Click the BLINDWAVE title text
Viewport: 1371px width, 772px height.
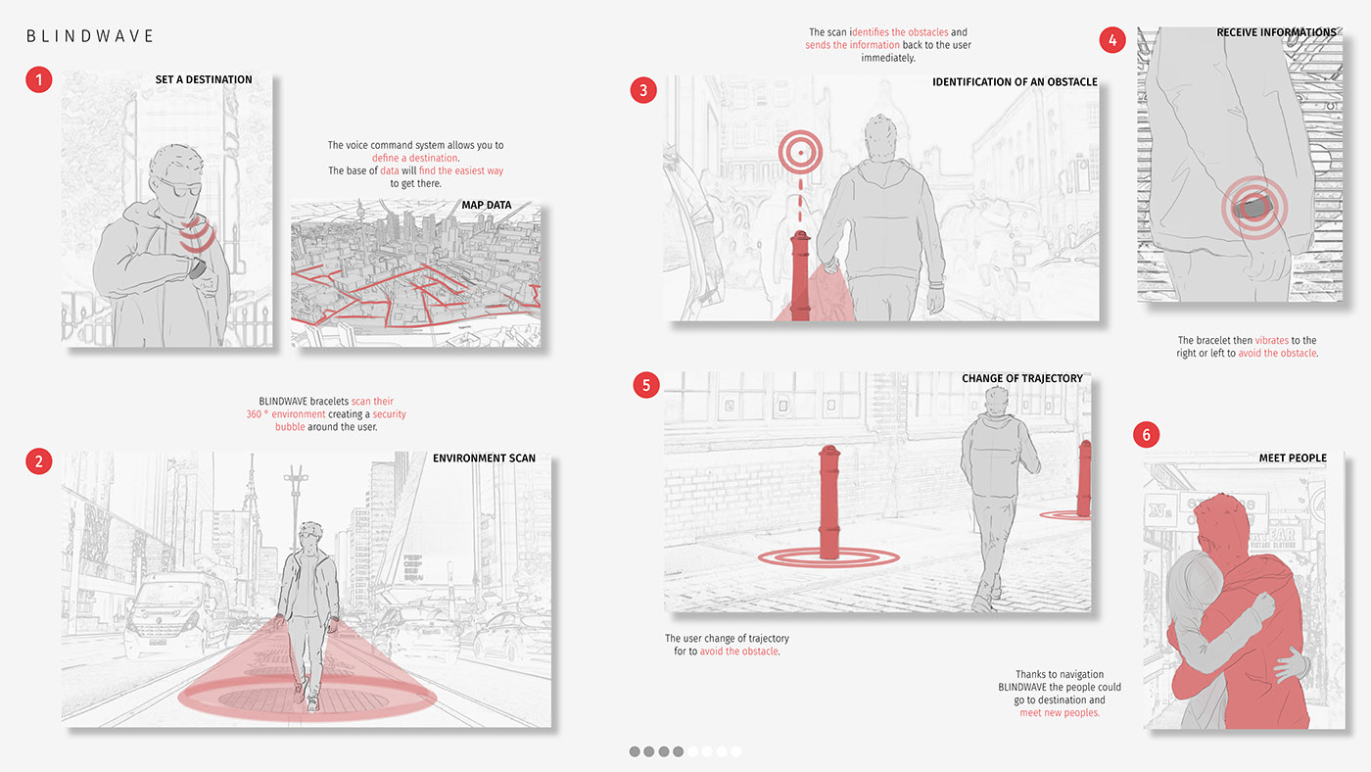click(x=90, y=36)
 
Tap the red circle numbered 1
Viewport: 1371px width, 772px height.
click(x=38, y=79)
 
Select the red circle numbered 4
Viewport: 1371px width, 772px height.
click(x=1111, y=40)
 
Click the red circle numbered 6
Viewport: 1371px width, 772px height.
click(x=1147, y=435)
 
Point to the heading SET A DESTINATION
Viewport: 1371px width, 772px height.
click(x=203, y=79)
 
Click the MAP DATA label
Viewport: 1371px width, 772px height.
click(x=487, y=206)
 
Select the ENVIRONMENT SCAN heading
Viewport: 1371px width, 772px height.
click(x=484, y=458)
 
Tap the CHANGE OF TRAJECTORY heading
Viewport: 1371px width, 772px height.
click(x=1021, y=378)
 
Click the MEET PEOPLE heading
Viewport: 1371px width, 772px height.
click(x=1293, y=458)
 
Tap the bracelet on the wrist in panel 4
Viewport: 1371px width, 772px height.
click(x=1248, y=208)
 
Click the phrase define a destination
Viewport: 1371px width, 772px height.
click(x=414, y=158)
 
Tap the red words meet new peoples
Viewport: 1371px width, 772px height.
click(x=1059, y=713)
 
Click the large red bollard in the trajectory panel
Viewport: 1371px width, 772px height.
click(x=828, y=502)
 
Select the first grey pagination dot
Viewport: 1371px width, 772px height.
click(x=635, y=751)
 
